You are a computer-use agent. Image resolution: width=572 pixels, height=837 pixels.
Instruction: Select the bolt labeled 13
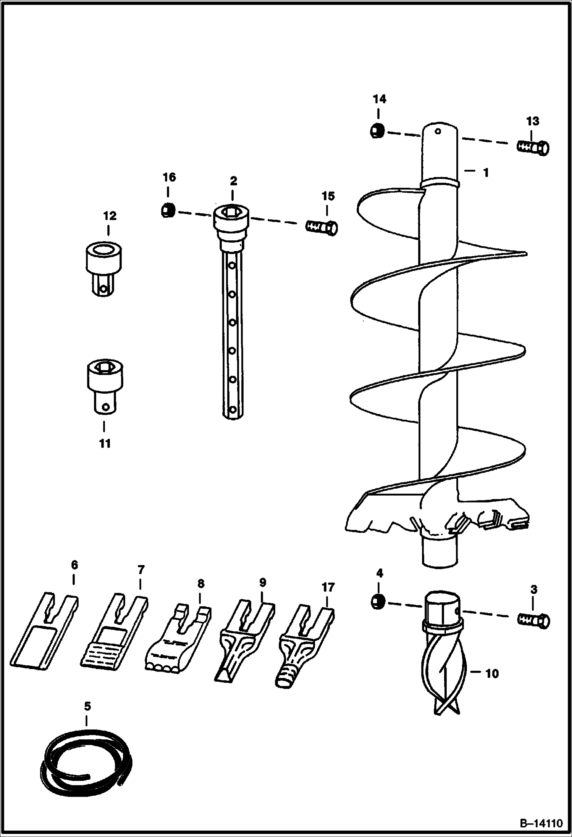pos(533,147)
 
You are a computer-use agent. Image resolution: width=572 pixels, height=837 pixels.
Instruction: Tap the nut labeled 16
pos(168,210)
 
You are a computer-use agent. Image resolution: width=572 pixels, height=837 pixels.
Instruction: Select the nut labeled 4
pos(377,602)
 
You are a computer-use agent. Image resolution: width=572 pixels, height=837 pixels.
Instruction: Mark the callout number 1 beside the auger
pos(486,173)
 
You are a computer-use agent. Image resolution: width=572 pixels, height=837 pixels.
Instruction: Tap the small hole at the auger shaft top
pos(438,132)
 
